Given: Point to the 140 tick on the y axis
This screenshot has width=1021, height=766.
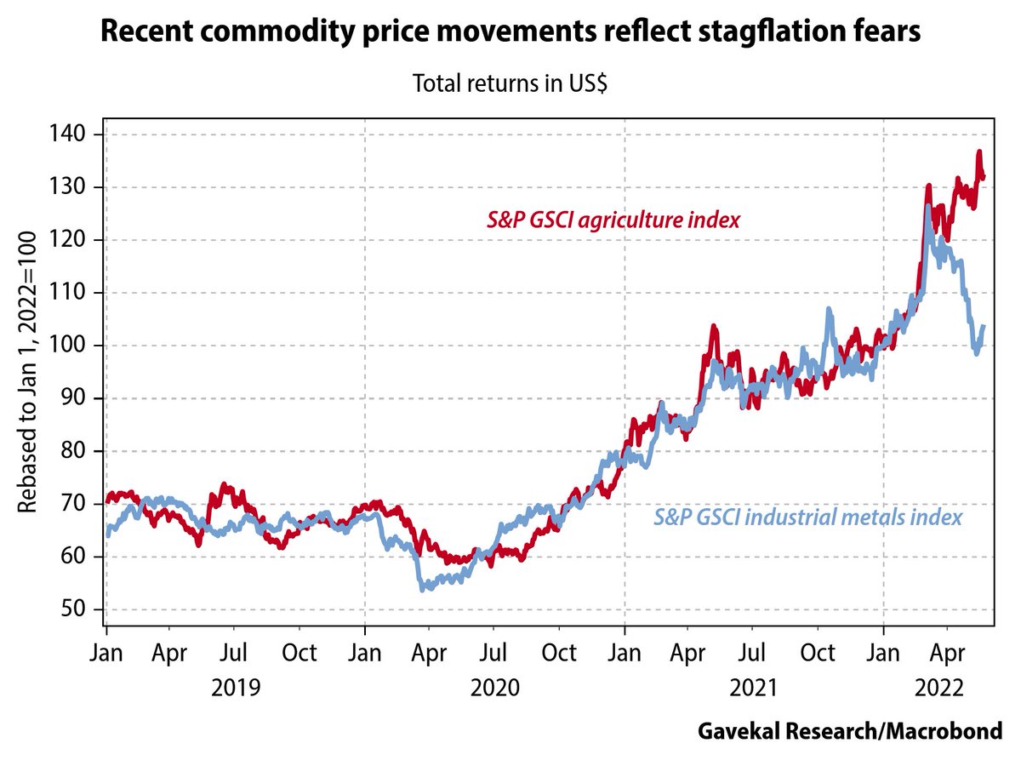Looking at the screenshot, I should [70, 134].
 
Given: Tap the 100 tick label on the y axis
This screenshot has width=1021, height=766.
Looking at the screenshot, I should [70, 346].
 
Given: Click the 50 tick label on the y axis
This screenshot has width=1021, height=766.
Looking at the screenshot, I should [75, 610].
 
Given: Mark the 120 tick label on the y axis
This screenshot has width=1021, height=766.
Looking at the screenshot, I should [70, 240].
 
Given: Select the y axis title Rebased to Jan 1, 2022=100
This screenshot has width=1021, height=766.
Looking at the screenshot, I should [27, 371].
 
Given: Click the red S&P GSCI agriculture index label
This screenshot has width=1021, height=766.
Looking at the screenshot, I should [613, 220].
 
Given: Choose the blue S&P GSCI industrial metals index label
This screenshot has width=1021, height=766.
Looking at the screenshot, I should [808, 517].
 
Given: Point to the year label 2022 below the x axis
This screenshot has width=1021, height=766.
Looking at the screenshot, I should [938, 687].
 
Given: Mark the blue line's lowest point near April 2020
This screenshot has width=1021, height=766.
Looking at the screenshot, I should [423, 588].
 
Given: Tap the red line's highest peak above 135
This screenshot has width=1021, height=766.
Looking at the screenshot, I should [979, 152].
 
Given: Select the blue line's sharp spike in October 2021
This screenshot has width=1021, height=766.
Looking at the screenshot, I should [829, 310].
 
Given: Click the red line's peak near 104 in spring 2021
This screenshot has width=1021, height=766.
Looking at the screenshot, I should [713, 326].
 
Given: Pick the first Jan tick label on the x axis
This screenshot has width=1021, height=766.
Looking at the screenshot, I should [106, 654].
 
